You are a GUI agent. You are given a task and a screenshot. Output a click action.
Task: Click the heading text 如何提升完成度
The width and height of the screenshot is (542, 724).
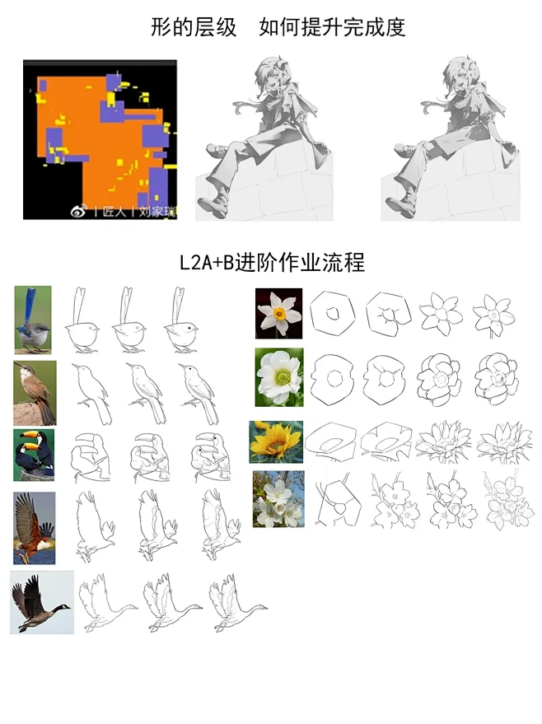[332, 27]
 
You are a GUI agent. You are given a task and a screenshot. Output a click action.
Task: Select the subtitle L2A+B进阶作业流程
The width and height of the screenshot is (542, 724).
[272, 263]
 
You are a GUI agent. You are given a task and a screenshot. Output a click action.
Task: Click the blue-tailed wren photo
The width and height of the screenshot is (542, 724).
[33, 320]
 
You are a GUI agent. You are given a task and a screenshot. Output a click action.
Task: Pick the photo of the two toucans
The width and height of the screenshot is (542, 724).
[33, 455]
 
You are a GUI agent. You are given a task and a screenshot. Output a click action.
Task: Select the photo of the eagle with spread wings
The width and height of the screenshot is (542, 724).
[34, 528]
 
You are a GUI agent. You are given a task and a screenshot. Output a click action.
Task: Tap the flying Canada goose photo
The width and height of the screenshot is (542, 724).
[42, 602]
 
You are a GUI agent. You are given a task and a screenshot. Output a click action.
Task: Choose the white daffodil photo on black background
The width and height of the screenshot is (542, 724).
[278, 313]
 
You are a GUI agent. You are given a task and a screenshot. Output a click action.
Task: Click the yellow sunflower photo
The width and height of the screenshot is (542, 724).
[276, 441]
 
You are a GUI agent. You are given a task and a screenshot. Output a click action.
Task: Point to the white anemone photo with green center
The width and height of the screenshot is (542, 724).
[279, 377]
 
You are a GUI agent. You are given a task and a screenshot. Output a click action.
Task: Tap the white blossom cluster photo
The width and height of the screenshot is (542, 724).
[278, 499]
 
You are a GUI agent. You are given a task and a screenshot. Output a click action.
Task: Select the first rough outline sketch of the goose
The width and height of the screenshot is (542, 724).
[107, 605]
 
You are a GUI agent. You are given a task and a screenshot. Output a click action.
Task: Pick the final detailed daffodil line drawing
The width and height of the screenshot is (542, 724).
[493, 315]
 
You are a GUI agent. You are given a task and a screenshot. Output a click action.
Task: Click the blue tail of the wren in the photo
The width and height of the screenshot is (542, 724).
[31, 301]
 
